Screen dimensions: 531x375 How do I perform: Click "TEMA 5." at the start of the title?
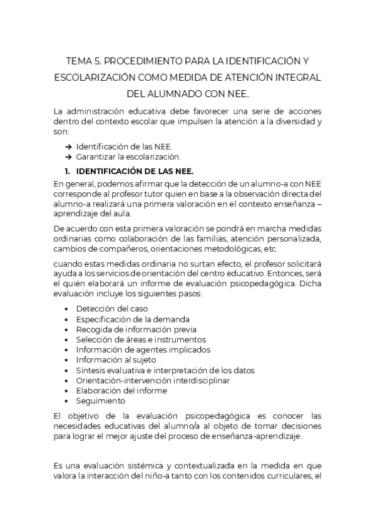83,61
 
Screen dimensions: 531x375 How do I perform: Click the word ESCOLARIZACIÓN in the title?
95,78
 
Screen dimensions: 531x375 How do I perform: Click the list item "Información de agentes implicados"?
143,349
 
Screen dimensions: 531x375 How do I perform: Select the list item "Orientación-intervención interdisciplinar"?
153,380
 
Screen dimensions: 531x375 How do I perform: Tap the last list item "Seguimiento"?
100,401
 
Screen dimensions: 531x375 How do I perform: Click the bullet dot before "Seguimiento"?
67,401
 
